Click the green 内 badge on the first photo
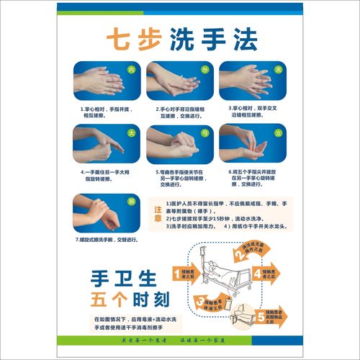click(131, 70)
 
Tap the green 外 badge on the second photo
click(204, 70)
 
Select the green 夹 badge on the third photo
click(277, 70)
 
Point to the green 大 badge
click(131, 133)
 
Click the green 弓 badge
click(204, 133)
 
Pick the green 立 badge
click(277, 133)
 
